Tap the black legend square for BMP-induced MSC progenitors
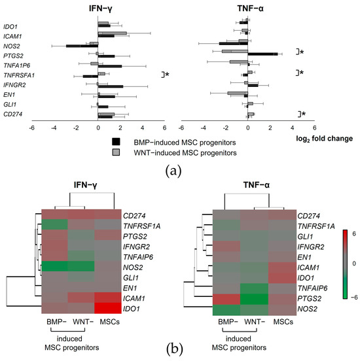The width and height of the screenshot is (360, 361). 116,141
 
